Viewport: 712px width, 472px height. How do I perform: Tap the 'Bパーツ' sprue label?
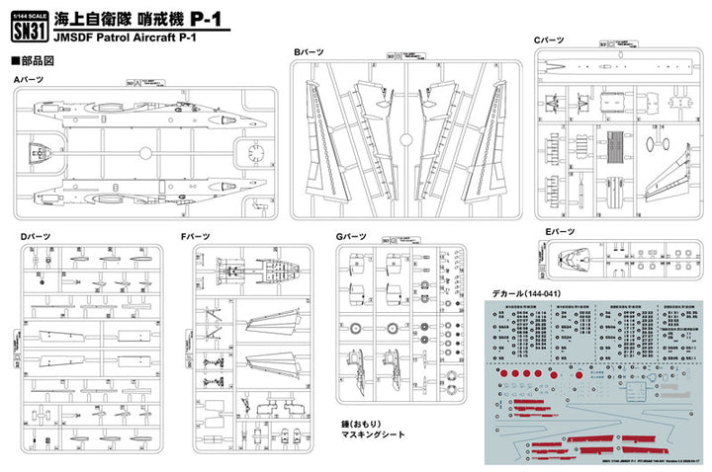coord(309,49)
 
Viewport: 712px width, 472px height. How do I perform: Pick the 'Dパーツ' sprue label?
coord(36,237)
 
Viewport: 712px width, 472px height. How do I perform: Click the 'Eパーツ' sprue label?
coord(560,231)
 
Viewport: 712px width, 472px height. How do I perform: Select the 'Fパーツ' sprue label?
coord(197,237)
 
